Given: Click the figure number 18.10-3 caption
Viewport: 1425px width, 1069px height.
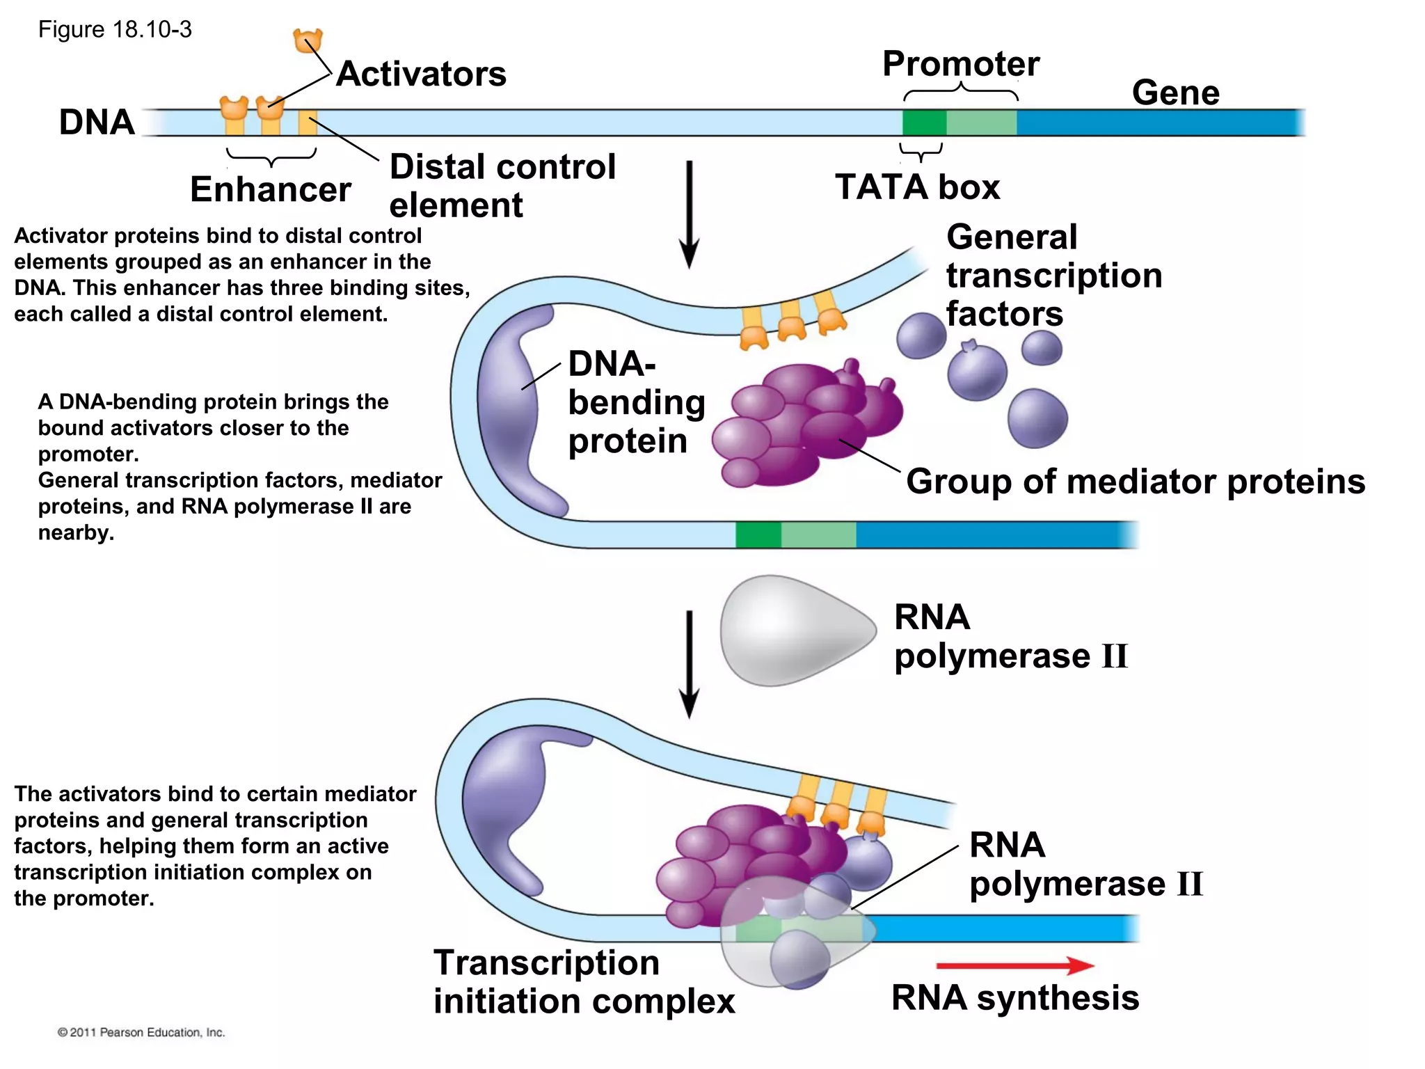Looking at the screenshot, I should coord(115,30).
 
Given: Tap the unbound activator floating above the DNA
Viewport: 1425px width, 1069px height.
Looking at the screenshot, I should coord(308,41).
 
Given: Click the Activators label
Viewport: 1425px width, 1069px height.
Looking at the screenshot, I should coord(421,74).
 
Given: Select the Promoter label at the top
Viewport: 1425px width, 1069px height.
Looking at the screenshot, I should coord(961,64).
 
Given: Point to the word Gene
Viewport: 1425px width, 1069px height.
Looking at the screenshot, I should coord(1175,93).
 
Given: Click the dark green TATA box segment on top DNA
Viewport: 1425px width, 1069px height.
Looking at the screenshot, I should coord(924,122).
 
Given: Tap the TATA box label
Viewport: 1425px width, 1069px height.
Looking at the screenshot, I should coord(917,187).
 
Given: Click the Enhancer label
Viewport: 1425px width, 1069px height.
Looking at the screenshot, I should coord(270,189).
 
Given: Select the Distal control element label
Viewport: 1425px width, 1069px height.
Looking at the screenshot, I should coord(502,185).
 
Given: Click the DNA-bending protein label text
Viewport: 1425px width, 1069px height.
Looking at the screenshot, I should coord(635,402).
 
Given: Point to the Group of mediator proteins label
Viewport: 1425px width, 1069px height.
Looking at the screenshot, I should coord(1135,482).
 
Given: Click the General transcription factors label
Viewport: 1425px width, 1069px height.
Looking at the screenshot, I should coord(1053,276).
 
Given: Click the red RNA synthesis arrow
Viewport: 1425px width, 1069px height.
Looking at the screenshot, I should coord(1014,965).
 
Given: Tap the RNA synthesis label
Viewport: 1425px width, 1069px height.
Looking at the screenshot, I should coord(1014,997).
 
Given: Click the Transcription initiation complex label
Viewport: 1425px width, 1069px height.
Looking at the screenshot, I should coord(583,982).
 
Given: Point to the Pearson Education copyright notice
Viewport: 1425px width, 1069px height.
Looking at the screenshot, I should coord(141,1032).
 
